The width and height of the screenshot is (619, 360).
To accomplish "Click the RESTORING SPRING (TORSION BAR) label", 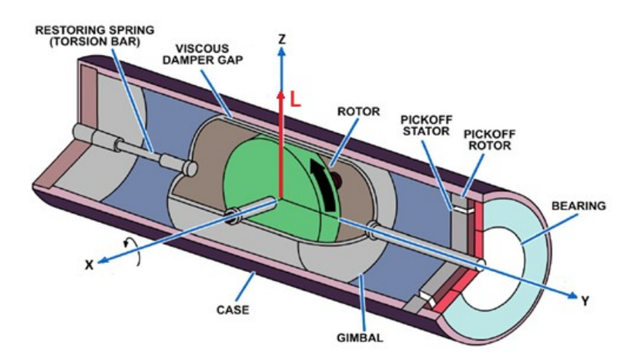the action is point(94,36).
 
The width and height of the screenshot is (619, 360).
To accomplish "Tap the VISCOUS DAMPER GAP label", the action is point(203,54).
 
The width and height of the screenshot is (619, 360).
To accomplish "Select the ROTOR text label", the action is point(358,111).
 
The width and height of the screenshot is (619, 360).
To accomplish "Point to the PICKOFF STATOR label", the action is point(426,125).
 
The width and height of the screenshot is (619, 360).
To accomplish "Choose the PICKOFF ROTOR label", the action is point(490,140).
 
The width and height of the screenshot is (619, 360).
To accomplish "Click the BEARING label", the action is point(578,206).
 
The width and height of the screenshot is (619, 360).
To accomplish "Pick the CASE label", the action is point(233,310).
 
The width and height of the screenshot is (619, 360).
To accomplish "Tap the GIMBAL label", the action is point(360,338).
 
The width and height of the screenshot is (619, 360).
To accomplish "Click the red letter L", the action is point(296,99).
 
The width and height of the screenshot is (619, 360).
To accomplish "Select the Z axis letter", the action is point(282,39).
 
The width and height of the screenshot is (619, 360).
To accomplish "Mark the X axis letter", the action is point(90,265).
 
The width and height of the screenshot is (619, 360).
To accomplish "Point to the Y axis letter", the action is point(585,301).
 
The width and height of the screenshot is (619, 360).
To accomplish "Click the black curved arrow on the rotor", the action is point(324,184).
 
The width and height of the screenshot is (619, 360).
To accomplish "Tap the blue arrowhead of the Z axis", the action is point(281,52).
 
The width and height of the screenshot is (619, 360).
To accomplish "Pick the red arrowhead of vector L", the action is point(280,95).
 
